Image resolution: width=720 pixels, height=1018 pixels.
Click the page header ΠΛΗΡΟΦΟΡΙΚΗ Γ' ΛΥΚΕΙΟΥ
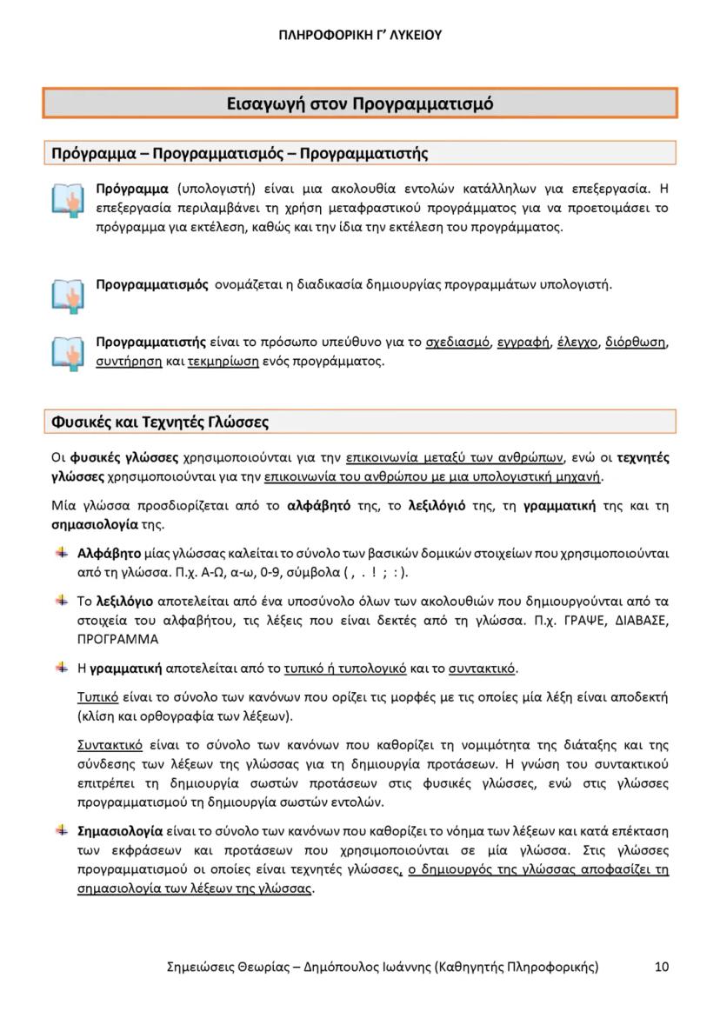[360, 36]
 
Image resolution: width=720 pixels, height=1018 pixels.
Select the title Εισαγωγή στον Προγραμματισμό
[360, 104]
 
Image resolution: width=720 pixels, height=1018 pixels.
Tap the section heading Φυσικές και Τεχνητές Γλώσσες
[160, 423]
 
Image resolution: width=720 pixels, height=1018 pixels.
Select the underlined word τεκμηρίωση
[223, 360]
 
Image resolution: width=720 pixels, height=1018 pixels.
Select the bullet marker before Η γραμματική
[62, 668]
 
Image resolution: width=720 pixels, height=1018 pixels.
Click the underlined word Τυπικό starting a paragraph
[97, 698]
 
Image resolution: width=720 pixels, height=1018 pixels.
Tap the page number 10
[662, 967]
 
